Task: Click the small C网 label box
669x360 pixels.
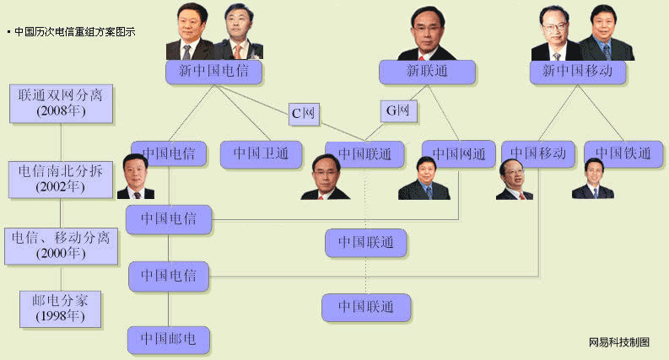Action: click(303, 112)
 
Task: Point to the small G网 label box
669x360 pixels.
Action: click(397, 111)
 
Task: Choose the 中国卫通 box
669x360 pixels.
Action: click(261, 153)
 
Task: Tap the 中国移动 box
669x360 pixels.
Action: click(537, 153)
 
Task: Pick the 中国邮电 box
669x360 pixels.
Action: click(168, 340)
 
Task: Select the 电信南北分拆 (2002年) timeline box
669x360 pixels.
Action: click(60, 178)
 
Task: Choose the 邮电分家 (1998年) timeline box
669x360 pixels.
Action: click(60, 308)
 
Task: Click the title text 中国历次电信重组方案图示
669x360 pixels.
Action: click(74, 31)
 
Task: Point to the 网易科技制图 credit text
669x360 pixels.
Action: click(619, 341)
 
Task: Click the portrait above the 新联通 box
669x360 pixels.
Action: click(426, 32)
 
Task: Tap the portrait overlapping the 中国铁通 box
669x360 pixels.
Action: click(592, 179)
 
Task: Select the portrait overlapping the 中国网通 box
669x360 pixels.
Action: click(418, 179)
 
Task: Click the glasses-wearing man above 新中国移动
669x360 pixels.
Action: click(555, 34)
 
